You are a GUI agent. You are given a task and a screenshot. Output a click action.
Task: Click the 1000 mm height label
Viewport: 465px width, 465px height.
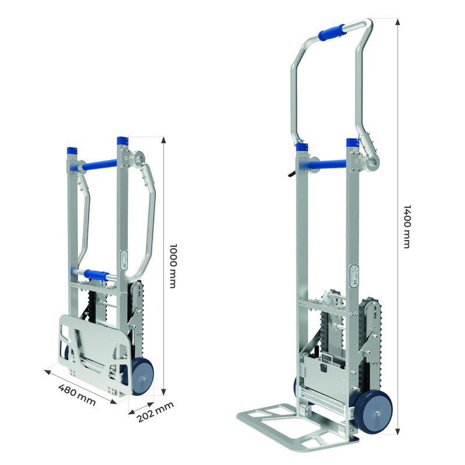tap(173, 266)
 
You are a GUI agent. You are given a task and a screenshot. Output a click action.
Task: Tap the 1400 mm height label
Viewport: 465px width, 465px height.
tap(408, 226)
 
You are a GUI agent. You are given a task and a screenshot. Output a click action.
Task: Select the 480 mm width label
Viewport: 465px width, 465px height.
tap(77, 395)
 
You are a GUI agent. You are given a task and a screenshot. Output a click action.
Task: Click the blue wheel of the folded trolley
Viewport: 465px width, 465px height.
tap(142, 376)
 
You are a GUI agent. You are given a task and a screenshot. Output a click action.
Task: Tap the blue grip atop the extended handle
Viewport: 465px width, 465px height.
tap(331, 32)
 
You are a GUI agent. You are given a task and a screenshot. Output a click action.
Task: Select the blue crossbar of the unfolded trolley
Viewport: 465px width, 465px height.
tap(328, 165)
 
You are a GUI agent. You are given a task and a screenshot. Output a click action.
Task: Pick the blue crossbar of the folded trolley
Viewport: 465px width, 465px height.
tap(98, 164)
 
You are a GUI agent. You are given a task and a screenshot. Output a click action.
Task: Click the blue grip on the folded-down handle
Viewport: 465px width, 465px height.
tap(96, 274)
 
